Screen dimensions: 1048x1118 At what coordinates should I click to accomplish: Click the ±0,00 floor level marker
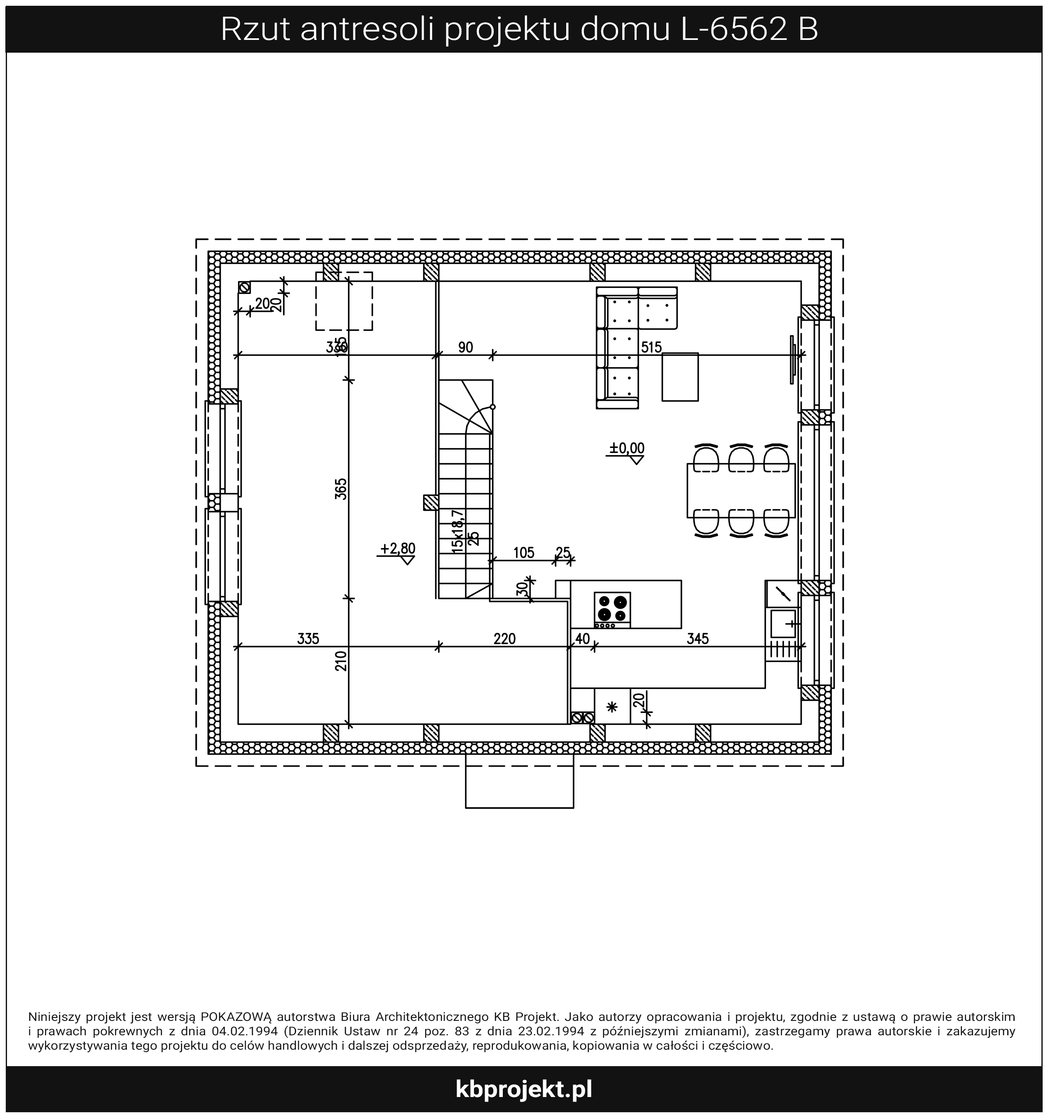pyautogui.click(x=626, y=451)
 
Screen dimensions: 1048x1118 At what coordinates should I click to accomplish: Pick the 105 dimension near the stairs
pyautogui.click(x=523, y=552)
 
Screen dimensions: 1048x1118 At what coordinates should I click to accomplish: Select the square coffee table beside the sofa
pyautogui.click(x=680, y=377)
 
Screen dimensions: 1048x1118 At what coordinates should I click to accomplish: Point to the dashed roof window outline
pyautogui.click(x=344, y=302)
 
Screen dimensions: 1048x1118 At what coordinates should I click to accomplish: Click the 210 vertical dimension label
pyautogui.click(x=341, y=661)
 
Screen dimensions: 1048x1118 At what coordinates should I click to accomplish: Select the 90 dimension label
pyautogui.click(x=465, y=347)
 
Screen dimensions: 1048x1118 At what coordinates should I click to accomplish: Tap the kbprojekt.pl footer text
pyautogui.click(x=523, y=1089)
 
